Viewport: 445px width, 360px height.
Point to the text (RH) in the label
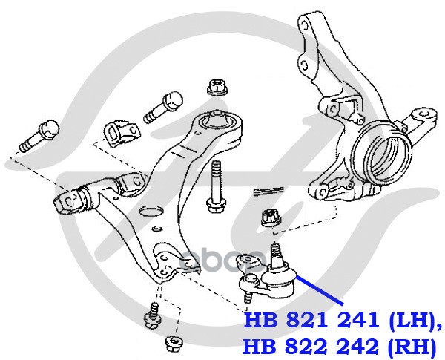[x=405, y=345]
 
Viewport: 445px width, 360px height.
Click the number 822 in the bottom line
[x=304, y=345]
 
